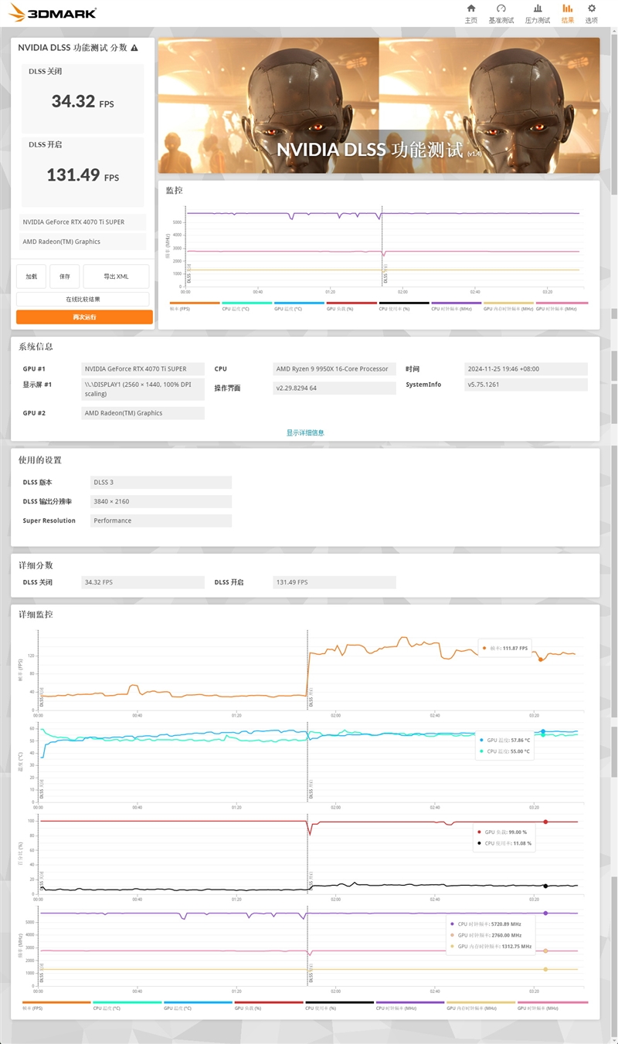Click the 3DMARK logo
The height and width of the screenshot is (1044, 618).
pos(53,12)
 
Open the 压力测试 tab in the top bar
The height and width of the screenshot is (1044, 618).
pos(538,13)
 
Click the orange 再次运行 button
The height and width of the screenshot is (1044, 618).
pos(84,317)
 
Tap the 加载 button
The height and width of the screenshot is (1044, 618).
pos(31,276)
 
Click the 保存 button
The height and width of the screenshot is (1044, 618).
pos(65,276)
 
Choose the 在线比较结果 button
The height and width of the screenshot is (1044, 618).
pos(83,299)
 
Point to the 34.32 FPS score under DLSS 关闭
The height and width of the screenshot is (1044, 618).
pos(82,101)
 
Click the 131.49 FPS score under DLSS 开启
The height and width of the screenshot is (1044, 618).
pos(83,175)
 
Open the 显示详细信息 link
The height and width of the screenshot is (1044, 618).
pos(305,432)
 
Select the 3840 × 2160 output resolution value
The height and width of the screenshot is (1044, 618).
pos(161,501)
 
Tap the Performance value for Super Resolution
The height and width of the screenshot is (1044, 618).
pos(161,520)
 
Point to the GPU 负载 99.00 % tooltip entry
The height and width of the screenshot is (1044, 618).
pos(505,832)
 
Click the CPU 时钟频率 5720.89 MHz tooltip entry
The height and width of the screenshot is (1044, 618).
pos(494,924)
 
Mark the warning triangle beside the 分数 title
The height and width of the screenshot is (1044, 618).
pos(134,48)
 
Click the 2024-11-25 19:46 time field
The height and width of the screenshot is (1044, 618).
pos(526,369)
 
